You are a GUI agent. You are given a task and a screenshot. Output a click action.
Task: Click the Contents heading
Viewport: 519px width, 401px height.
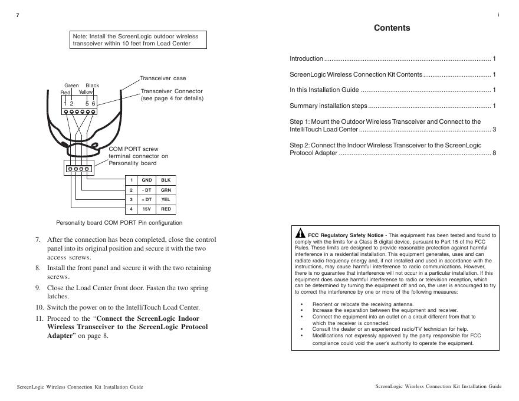click(392, 28)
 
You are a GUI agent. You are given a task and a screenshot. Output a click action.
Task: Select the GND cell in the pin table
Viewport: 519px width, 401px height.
click(147, 180)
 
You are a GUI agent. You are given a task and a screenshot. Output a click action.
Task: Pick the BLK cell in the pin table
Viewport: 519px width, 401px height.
click(166, 180)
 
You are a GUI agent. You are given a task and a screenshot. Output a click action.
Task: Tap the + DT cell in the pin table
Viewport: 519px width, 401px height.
click(147, 200)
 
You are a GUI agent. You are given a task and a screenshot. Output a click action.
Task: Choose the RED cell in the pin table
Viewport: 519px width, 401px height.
click(166, 209)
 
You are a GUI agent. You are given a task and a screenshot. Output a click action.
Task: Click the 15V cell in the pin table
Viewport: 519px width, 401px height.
click(147, 209)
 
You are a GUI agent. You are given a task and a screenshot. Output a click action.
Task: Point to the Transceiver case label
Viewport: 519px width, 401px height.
click(163, 78)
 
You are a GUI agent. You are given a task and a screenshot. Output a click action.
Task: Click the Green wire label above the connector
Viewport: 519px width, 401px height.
click(71, 86)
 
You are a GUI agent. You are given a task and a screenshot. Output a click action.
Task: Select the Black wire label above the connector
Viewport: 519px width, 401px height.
click(92, 86)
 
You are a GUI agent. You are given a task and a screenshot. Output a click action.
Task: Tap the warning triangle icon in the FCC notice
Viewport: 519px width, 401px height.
click(300, 233)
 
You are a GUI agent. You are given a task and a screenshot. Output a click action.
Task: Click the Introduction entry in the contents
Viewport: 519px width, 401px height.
click(306, 59)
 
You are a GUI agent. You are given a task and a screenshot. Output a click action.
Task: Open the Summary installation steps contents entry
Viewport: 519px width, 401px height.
click(329, 106)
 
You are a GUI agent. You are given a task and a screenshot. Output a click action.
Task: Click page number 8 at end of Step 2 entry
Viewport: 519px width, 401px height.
click(494, 153)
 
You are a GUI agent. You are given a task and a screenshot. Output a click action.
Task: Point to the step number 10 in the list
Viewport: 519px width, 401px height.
click(39, 307)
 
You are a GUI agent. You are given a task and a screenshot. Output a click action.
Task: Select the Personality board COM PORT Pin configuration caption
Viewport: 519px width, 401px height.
click(119, 223)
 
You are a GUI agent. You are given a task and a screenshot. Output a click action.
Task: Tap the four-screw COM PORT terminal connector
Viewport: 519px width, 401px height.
click(78, 169)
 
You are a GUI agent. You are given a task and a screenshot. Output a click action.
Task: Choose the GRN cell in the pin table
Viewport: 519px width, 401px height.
click(166, 190)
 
